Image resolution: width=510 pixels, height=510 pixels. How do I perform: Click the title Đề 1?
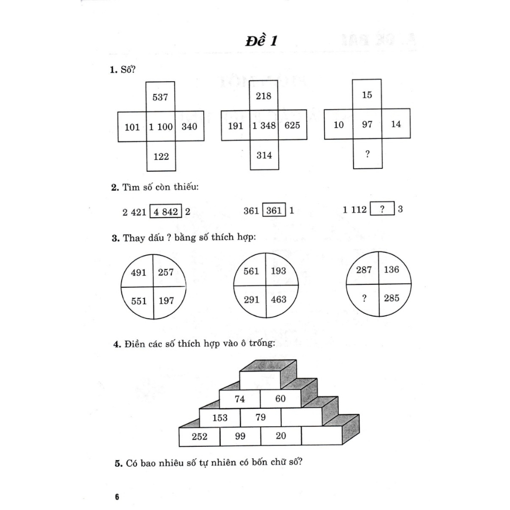(x=261, y=41)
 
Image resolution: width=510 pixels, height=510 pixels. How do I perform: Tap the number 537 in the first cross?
(x=160, y=97)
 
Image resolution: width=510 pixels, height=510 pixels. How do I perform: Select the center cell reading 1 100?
(x=161, y=127)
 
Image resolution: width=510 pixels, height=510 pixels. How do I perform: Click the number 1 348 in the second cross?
(x=264, y=126)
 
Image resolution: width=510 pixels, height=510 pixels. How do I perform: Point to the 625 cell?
(x=292, y=126)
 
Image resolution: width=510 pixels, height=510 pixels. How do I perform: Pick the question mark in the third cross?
(x=368, y=154)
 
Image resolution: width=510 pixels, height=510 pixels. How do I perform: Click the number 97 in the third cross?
(x=368, y=124)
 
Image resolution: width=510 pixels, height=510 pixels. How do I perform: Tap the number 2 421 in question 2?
(x=134, y=211)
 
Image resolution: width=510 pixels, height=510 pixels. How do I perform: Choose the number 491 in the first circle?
(x=138, y=272)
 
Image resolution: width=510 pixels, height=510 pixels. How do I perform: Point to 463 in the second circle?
(x=279, y=300)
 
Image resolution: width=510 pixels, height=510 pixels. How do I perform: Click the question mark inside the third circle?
(x=365, y=299)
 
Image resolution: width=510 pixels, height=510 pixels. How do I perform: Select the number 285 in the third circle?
(x=391, y=299)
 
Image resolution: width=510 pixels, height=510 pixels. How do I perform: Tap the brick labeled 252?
(x=199, y=437)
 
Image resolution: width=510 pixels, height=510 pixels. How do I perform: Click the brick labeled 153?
(x=220, y=418)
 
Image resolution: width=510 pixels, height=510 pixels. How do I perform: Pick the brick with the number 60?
(x=280, y=398)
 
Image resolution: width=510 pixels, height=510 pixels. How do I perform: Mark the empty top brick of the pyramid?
(x=259, y=380)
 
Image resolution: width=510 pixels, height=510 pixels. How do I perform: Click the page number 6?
(x=117, y=497)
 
